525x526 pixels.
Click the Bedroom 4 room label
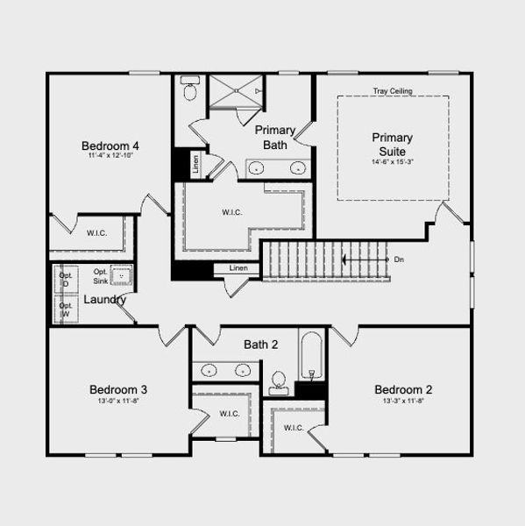click(x=110, y=146)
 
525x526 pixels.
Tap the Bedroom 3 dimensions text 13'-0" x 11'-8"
click(x=118, y=402)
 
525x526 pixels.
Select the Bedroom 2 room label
click(x=403, y=389)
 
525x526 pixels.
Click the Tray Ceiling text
click(x=393, y=91)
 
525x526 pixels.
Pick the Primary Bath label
click(x=275, y=138)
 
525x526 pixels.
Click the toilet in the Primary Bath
click(x=189, y=89)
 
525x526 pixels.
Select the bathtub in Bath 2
click(x=310, y=359)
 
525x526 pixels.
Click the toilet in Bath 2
click(x=279, y=380)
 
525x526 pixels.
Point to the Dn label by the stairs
click(x=399, y=259)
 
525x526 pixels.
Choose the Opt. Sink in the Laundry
click(x=121, y=278)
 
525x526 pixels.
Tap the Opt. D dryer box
click(x=66, y=280)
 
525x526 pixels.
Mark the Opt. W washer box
click(x=66, y=309)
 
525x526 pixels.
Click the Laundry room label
click(x=104, y=300)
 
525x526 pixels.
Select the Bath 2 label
click(x=260, y=345)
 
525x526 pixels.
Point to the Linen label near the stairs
click(x=238, y=267)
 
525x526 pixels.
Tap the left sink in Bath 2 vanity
click(x=209, y=371)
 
